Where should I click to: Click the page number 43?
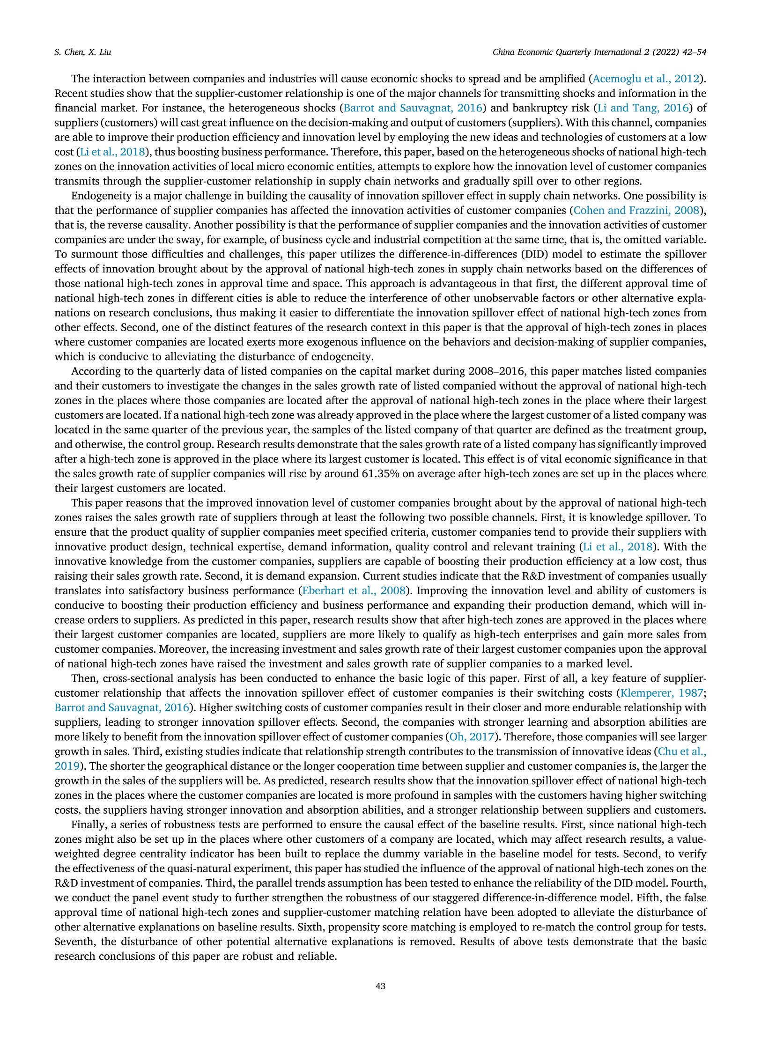pyautogui.click(x=380, y=986)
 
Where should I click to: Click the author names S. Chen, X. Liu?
pyautogui.click(x=82, y=52)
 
